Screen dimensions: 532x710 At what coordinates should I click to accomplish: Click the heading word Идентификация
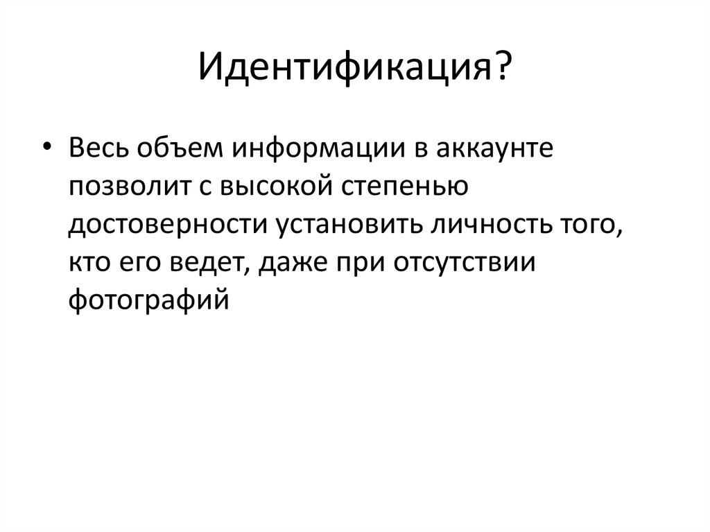pyautogui.click(x=345, y=69)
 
